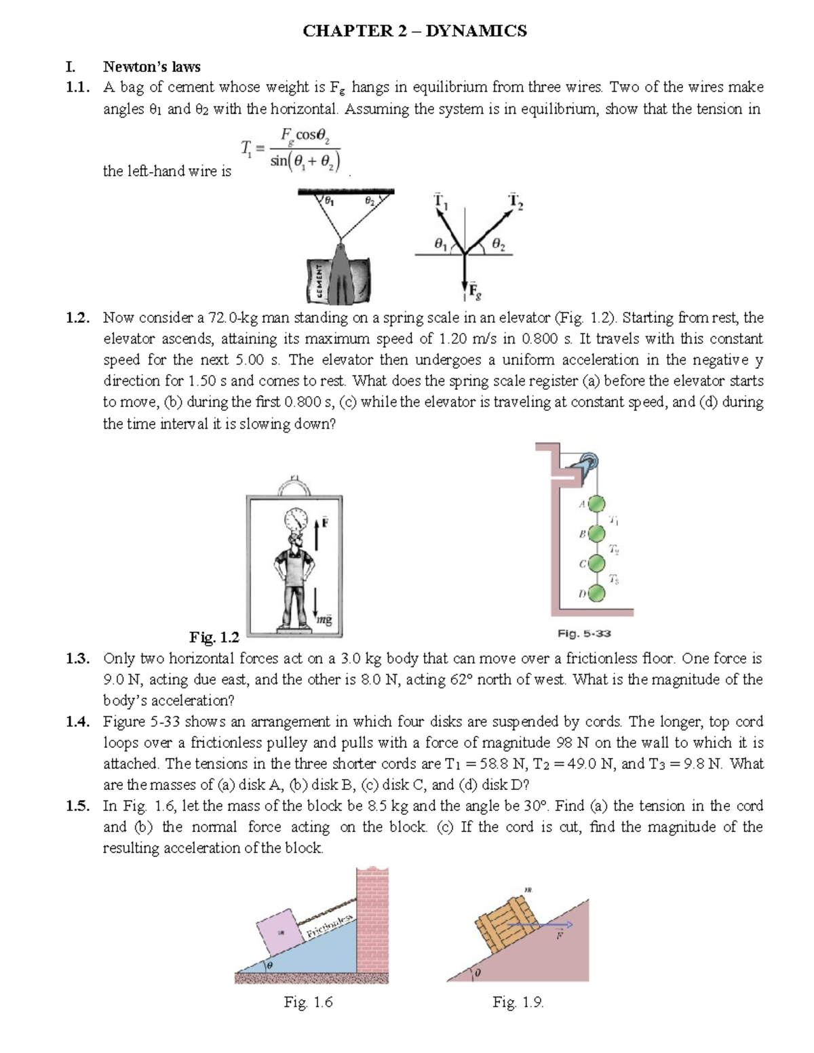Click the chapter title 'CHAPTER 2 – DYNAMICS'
[x=414, y=31]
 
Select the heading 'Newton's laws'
[x=151, y=66]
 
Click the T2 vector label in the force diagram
[x=516, y=201]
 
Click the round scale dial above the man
[x=296, y=521]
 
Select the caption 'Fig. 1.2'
[x=214, y=637]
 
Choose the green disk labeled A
[x=596, y=504]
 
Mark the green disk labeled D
[x=596, y=594]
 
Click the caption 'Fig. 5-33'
[x=584, y=633]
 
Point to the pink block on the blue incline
[x=280, y=932]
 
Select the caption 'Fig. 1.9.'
[x=518, y=1002]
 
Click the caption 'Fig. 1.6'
[x=308, y=1002]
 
